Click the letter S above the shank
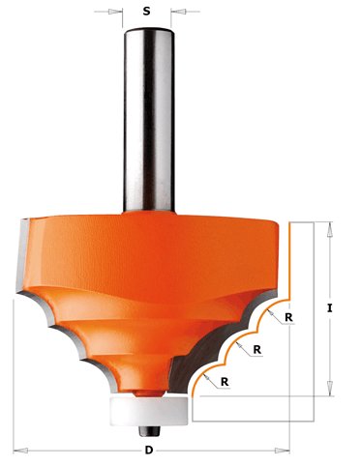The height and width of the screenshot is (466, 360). [146, 12]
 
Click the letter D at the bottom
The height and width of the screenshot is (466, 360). [149, 450]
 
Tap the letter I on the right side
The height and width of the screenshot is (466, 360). [329, 308]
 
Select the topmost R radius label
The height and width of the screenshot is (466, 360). [288, 317]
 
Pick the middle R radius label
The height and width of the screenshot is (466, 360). [257, 349]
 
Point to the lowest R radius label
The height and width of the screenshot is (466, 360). [225, 382]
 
